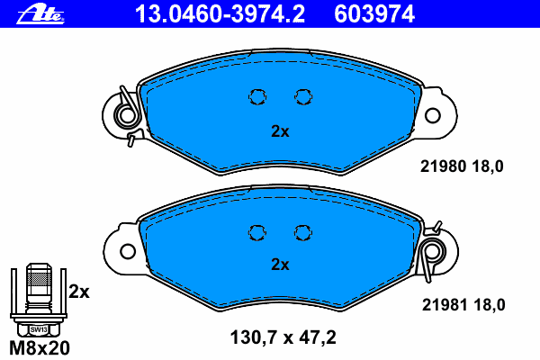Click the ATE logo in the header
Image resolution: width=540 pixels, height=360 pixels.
[x=40, y=14]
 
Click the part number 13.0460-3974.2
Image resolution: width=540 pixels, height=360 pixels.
[x=220, y=14]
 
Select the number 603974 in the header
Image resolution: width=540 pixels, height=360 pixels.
[x=374, y=14]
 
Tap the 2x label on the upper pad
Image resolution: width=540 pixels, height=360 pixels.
[x=280, y=131]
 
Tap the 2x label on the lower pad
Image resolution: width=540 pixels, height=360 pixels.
[x=280, y=265]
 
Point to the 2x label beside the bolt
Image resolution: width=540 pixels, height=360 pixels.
[x=79, y=292]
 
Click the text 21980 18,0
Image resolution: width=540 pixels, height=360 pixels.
[x=462, y=166]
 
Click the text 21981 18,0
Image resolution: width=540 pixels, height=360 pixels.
[x=463, y=305]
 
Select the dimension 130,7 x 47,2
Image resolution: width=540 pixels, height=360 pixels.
[x=283, y=337]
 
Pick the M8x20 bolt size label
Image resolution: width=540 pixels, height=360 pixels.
[x=40, y=348]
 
